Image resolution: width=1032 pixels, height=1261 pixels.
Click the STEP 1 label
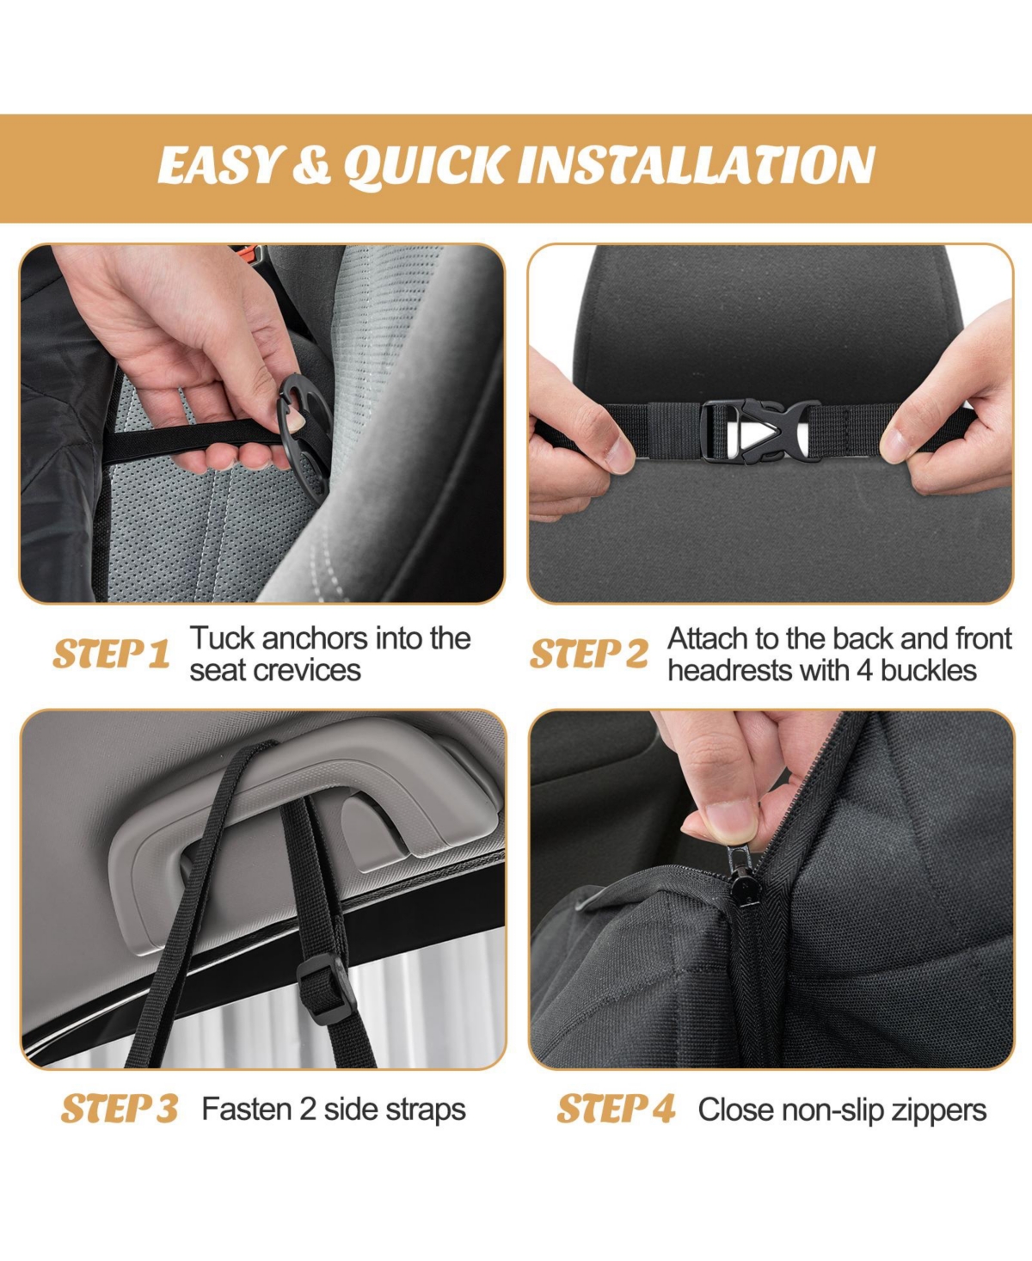coord(111,654)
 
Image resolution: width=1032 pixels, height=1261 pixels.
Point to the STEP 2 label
coord(589,654)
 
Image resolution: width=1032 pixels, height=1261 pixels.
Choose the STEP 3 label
coord(120,1109)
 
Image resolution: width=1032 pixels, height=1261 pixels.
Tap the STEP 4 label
coord(616,1109)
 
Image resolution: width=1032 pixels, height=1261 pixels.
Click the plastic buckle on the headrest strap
coord(760,430)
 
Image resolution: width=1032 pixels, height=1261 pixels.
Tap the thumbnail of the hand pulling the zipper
coord(771,889)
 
